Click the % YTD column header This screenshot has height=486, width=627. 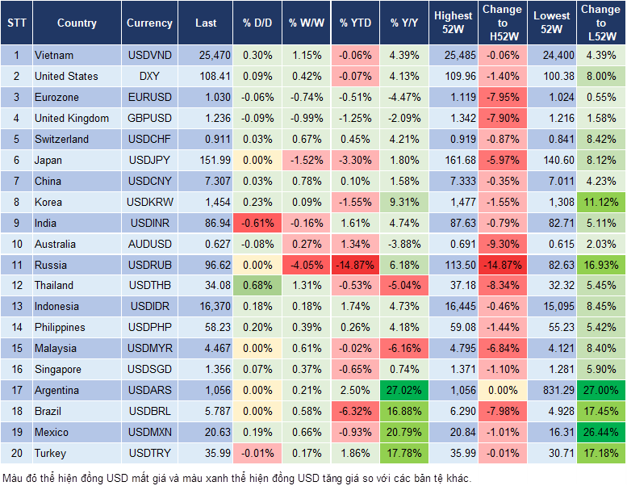(355, 23)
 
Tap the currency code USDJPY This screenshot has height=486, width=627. (149, 160)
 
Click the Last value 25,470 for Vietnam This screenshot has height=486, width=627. (205, 55)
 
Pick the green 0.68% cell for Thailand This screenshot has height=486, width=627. (257, 285)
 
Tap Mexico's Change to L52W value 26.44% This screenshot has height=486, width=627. (600, 432)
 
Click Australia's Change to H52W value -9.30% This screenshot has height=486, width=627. (501, 244)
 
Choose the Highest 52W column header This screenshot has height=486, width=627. (453, 23)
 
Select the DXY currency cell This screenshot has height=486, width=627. (149, 76)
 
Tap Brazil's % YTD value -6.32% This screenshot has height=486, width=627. (355, 411)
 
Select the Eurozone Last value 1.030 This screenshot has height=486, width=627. (205, 97)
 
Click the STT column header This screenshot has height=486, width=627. (16, 23)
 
